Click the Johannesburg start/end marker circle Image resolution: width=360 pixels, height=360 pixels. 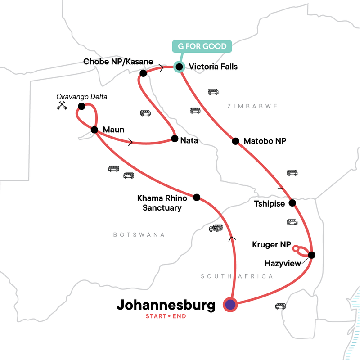[230, 305]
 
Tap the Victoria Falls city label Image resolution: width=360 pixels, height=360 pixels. [213, 67]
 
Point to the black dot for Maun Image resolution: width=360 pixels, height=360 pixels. [94, 130]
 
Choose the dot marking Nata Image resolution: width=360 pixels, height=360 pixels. [174, 139]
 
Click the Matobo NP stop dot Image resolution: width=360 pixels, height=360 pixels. [235, 141]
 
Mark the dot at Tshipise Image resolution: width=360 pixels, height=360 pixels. [292, 203]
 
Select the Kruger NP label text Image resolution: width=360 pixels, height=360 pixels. [271, 245]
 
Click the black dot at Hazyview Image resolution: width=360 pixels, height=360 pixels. [311, 255]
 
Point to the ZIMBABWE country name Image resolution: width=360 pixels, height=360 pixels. [253, 106]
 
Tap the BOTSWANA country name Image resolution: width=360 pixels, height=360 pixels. [139, 235]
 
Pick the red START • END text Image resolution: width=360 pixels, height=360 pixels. [166, 316]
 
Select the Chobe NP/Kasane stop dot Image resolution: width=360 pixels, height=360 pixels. [143, 73]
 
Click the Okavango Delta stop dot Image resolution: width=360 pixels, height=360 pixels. [81, 106]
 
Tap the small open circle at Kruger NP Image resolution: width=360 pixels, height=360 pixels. [295, 248]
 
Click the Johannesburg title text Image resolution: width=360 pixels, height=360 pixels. [166, 305]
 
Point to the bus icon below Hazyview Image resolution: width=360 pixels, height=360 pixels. [281, 306]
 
